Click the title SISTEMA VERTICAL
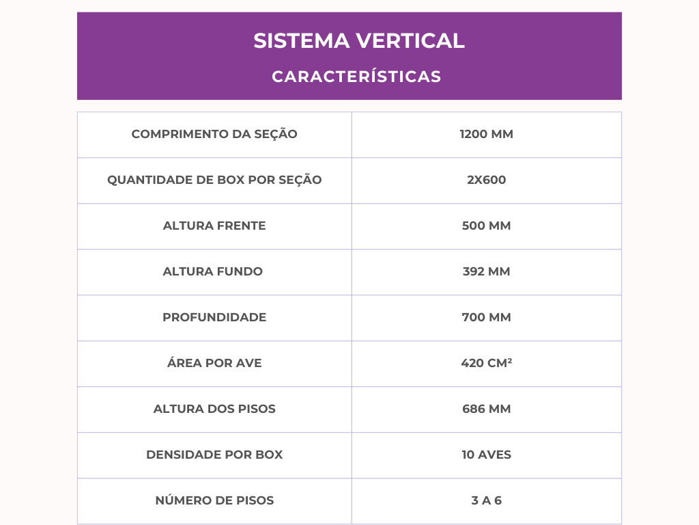359,41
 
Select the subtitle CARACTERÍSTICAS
356,77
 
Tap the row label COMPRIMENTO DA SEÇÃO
214,135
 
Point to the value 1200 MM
486,135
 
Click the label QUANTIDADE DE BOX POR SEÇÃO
214,180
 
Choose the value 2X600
486,180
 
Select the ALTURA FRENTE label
214,226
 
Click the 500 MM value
486,226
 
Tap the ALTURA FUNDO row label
212,272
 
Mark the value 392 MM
486,272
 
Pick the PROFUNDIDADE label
214,318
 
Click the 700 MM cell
486,318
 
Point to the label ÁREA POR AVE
214,364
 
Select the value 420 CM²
486,364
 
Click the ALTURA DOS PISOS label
214,409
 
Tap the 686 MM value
486,409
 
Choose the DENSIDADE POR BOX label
214,455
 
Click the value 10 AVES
486,455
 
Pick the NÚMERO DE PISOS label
214,501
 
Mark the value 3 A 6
486,501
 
